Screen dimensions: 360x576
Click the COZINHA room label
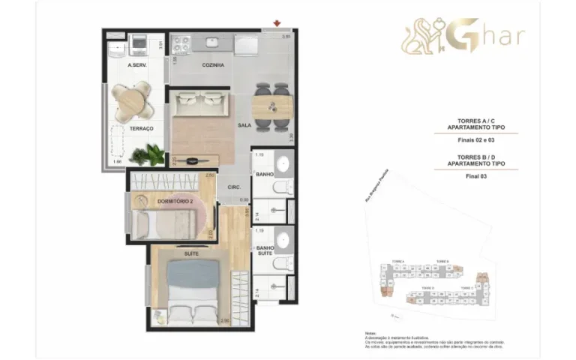[213, 66]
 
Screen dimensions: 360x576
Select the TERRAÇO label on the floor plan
[141, 129]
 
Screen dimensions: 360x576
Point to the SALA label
[244, 126]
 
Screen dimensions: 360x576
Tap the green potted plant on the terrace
[147, 154]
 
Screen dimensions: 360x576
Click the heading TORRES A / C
[476, 121]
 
